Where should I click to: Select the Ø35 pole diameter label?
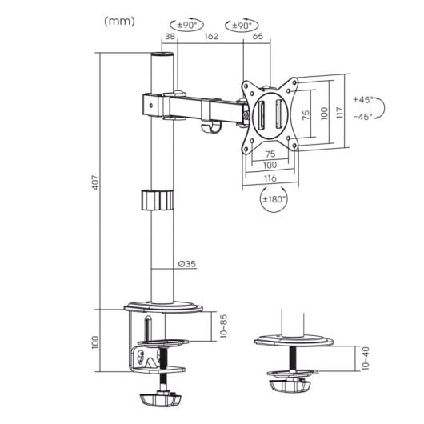coord(186,265)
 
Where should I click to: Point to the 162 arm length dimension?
coord(210,37)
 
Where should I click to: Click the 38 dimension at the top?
coord(170,37)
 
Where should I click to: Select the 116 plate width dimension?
coord(270,177)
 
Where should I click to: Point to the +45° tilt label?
coord(363,100)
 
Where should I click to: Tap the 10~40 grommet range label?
coord(365,358)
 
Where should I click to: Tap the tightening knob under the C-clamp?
coord(162,398)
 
